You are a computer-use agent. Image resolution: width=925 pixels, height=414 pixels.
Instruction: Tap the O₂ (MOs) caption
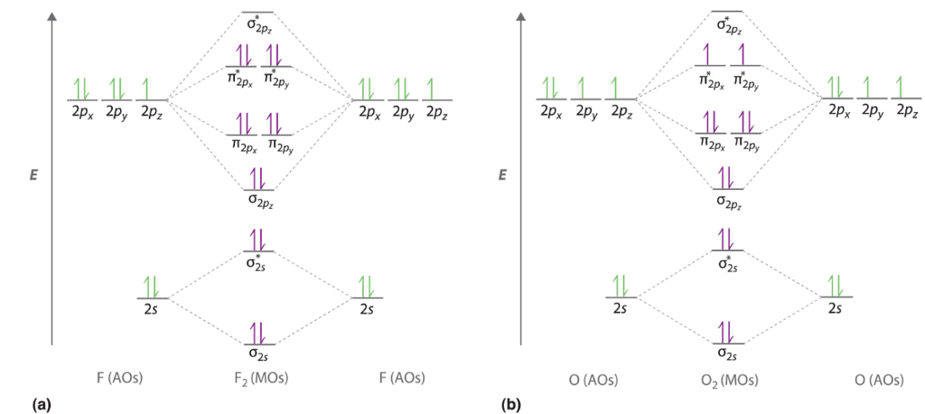(728, 378)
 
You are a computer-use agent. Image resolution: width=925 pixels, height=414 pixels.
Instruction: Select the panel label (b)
(511, 404)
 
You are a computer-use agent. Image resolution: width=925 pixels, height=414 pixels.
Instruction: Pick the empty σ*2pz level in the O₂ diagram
(728, 13)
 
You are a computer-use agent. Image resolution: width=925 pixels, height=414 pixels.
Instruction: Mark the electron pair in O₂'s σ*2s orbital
(728, 239)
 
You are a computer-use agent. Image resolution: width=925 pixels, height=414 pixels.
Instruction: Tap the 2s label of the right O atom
(836, 309)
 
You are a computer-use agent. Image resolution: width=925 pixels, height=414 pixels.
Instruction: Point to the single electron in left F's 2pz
(150, 89)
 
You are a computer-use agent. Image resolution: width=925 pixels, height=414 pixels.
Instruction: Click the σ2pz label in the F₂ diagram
(259, 202)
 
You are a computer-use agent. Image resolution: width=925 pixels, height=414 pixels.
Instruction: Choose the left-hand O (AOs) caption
(587, 378)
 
